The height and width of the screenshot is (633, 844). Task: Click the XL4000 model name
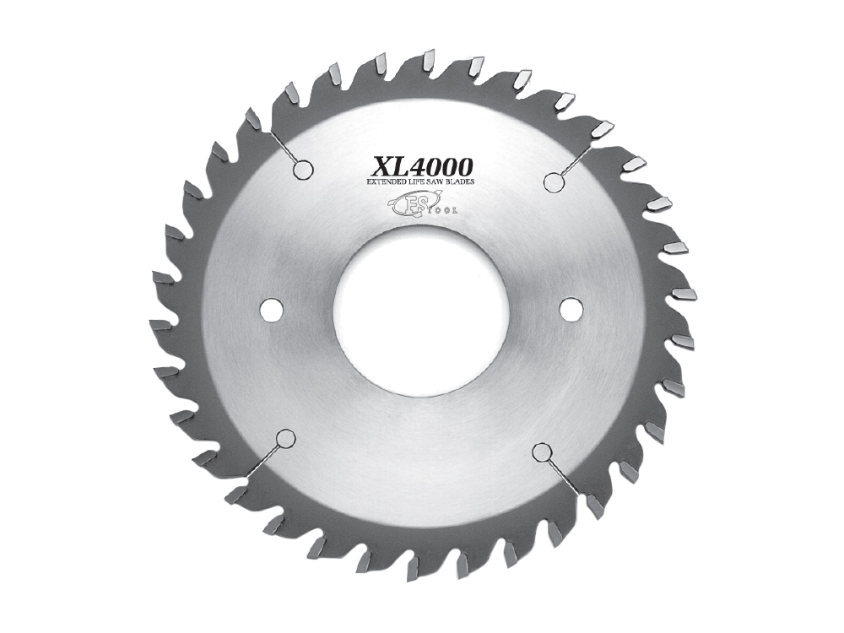point(421,163)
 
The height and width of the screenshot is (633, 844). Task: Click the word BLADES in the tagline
point(460,182)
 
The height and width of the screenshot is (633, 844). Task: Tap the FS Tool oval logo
point(408,203)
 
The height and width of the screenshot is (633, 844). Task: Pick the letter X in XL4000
point(381,164)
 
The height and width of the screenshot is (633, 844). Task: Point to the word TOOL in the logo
point(442,209)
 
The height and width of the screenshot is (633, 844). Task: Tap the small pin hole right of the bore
point(570,310)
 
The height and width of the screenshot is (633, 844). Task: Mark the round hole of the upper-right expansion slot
point(553,181)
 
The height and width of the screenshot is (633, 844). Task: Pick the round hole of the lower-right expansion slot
point(540,452)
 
